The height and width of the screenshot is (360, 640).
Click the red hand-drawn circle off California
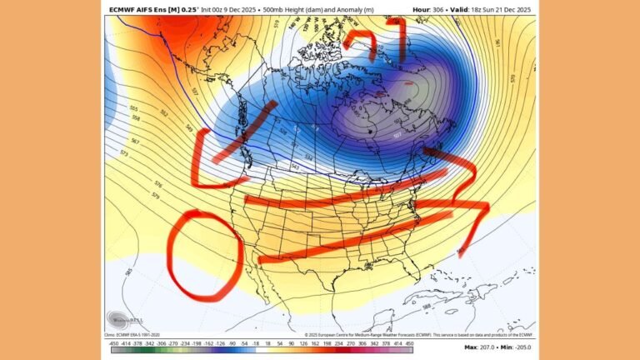click(x=203, y=255)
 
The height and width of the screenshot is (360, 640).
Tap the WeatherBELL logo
click(x=124, y=320)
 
